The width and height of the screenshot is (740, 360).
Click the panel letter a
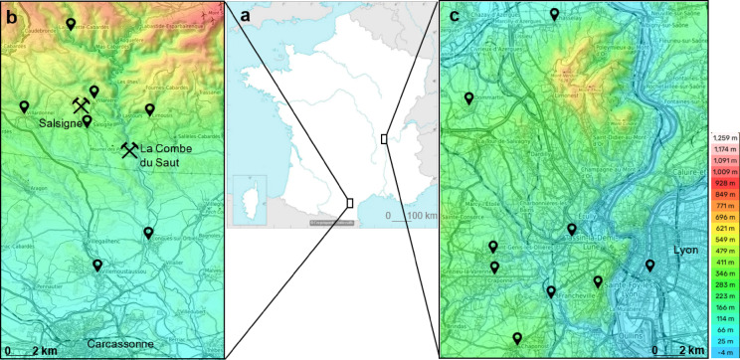pos(240,17)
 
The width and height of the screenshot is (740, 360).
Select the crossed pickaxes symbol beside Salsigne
pos(82,103)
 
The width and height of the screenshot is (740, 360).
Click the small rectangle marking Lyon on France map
pos(384,139)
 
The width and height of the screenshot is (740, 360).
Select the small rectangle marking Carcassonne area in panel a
pos(349,202)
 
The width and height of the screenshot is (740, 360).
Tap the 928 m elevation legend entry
pos(720,184)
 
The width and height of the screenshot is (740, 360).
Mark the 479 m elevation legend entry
pos(720,252)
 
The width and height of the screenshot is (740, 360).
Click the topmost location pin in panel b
pos(70,23)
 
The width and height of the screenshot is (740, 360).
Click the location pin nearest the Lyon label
pos(649,265)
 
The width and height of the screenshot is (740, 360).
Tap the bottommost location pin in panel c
pos(516,339)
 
